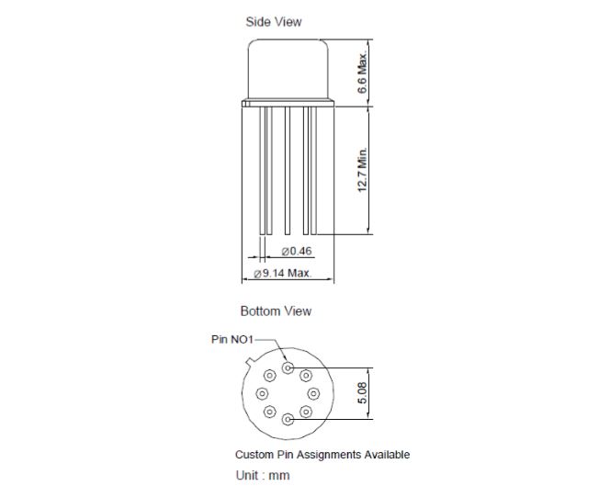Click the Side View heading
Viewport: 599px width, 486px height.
tap(274, 22)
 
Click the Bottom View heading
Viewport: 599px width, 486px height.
tap(276, 311)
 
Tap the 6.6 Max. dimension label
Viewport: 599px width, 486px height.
tap(362, 73)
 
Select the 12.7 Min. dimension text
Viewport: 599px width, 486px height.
tap(362, 170)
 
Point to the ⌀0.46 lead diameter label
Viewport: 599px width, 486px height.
tap(297, 251)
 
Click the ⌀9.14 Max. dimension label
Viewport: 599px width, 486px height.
tap(283, 273)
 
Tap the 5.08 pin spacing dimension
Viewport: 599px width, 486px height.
tap(362, 393)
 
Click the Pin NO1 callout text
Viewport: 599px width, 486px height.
tap(232, 339)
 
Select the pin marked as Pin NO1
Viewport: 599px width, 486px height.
tap(288, 367)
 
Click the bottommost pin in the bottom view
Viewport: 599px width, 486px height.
tap(288, 420)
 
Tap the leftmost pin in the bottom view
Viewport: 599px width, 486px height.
tap(262, 393)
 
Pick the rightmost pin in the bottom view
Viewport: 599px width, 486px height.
tap(313, 393)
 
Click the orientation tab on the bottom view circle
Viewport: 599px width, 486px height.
tap(250, 363)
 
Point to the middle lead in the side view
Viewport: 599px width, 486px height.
tap(288, 170)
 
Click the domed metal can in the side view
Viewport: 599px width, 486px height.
tap(288, 69)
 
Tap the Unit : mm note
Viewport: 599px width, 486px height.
tap(263, 475)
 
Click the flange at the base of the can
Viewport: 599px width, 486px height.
tap(288, 103)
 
